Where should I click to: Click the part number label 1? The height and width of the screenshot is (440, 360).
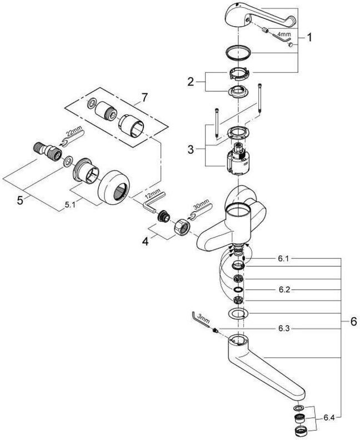[309, 39]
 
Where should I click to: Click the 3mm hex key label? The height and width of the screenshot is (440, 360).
[202, 321]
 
